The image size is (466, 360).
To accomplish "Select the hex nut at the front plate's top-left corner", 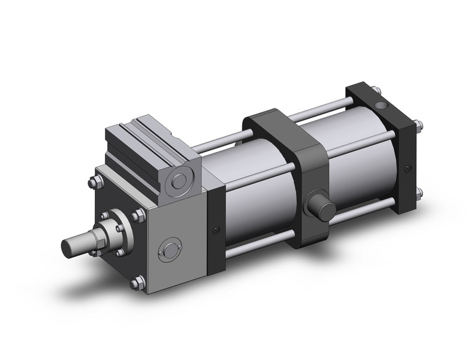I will coord(94,182).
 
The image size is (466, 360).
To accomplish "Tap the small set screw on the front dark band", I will coord(215,230).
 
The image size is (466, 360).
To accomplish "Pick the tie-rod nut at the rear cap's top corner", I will coord(419,127).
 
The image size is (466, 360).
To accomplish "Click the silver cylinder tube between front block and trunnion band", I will coord(258,190).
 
